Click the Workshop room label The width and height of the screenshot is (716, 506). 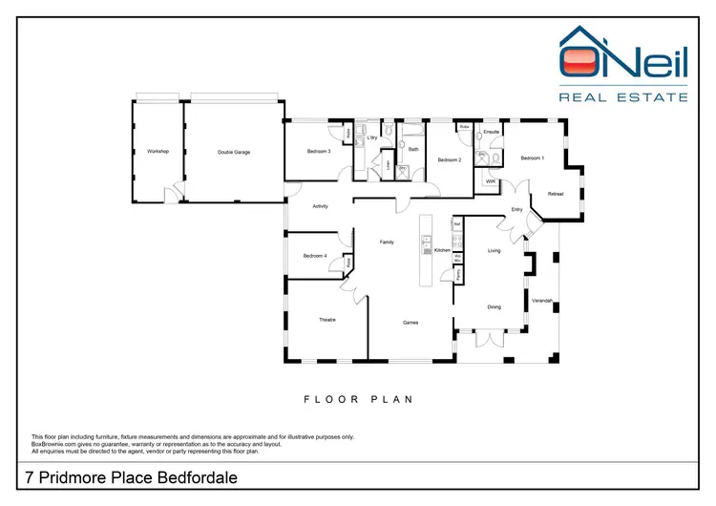[158, 152]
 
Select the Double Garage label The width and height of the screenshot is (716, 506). [234, 152]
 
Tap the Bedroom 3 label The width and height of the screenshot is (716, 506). [319, 152]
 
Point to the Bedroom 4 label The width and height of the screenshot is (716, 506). [315, 256]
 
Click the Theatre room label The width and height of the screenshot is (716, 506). [326, 320]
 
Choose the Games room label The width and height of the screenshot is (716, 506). [410, 323]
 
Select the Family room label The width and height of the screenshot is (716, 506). [387, 242]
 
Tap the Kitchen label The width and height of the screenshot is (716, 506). [442, 250]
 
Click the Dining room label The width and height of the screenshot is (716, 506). [494, 306]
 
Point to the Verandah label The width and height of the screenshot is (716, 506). [542, 302]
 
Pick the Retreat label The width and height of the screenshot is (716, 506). [556, 194]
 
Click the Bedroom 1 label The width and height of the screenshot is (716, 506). [532, 158]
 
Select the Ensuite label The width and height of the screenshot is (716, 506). [493, 131]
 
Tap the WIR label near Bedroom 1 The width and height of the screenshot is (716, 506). [490, 180]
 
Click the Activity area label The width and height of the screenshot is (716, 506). [320, 205]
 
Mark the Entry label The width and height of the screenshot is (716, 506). [516, 210]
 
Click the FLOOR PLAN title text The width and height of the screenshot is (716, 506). [358, 400]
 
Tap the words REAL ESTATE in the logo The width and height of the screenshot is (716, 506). [622, 96]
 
